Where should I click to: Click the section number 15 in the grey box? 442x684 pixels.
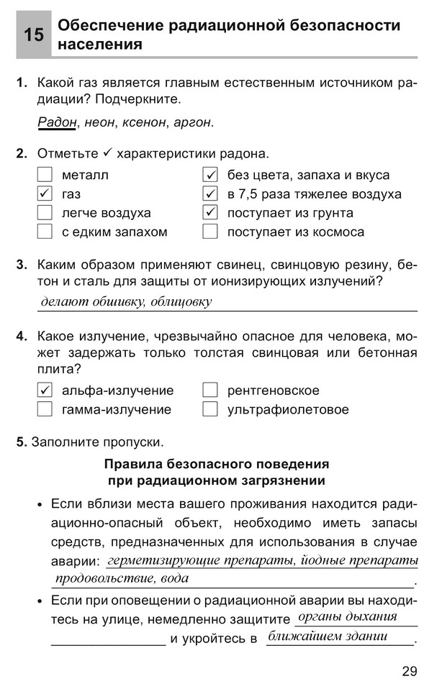33,35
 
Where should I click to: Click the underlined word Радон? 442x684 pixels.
57,122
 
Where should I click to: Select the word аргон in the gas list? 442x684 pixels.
192,122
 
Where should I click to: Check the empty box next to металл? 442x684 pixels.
45,175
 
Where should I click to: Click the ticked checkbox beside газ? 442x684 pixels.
45,194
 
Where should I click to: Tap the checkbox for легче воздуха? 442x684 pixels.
45,213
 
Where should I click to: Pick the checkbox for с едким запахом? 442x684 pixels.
45,232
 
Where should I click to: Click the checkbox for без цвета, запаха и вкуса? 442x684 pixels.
210,175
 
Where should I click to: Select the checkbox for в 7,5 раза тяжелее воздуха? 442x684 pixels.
210,194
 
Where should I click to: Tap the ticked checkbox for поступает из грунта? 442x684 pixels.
210,213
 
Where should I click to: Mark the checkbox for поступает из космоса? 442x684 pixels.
210,232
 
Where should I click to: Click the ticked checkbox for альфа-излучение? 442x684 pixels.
45,391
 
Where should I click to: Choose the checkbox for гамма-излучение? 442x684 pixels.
45,409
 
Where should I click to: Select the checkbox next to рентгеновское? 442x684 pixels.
210,391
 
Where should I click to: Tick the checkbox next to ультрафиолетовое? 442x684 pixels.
210,409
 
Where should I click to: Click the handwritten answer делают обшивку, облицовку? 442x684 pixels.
126,302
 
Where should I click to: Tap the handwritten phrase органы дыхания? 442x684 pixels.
347,617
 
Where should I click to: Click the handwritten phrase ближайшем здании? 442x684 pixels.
328,637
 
